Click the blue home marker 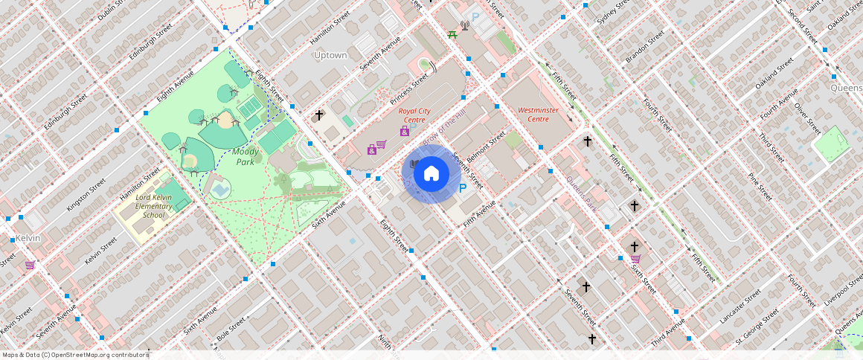click(431, 174)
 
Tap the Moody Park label click(246, 156)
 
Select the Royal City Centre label click(414, 115)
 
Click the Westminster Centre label click(538, 115)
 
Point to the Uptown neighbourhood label click(330, 55)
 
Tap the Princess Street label click(409, 88)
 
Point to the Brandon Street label click(644, 48)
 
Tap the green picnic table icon click(452, 33)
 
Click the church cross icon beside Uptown click(319, 115)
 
